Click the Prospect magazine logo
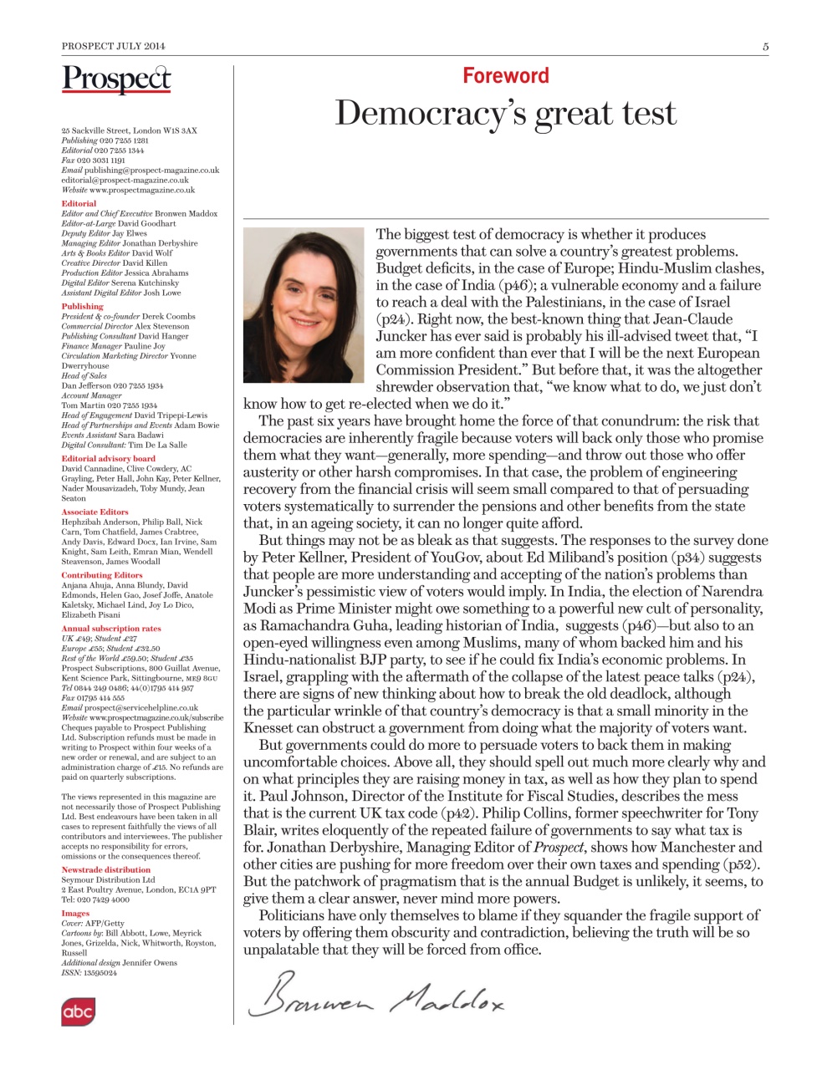tap(116, 79)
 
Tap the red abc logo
tap(78, 1011)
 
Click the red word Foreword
tap(506, 75)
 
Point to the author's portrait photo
tap(304, 305)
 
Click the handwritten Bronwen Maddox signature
tap(375, 995)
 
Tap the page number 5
tap(765, 47)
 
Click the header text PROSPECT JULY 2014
tap(113, 47)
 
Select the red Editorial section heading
tap(79, 203)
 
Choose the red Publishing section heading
tap(82, 306)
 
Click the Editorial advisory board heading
tap(108, 458)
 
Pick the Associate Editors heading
tap(94, 512)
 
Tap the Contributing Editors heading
tap(101, 575)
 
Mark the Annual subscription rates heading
tap(110, 628)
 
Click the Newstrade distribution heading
tap(105, 869)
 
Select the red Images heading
tap(75, 913)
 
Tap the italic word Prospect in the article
tap(559, 848)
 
